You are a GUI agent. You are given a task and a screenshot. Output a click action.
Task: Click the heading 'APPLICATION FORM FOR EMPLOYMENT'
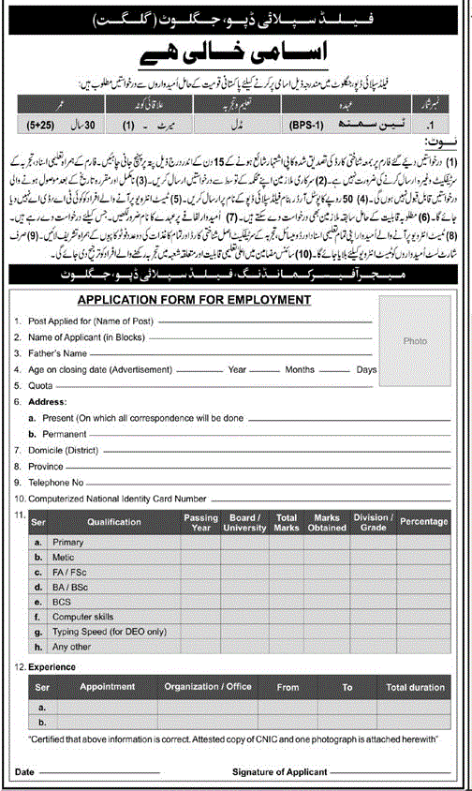coord(195,300)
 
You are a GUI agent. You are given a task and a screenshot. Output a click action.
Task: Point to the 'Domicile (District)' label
coord(70,451)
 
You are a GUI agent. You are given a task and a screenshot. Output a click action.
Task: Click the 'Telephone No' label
coord(57,482)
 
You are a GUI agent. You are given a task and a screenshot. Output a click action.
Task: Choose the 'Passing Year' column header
coord(200,522)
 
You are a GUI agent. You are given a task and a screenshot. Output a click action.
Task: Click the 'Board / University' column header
coord(244,522)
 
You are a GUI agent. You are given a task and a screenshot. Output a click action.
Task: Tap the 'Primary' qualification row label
coord(68,543)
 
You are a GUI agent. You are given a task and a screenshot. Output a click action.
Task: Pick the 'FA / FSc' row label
coord(71,573)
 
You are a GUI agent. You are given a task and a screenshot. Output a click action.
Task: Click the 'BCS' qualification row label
coord(63,603)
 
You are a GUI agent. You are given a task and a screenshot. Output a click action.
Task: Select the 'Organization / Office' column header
coord(208,686)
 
